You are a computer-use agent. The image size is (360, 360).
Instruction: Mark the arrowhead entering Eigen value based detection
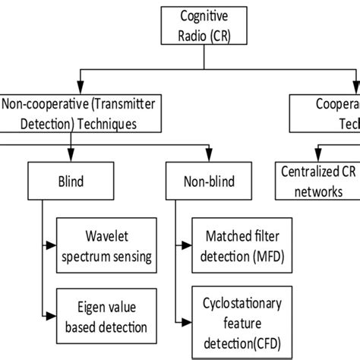point(52,317)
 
